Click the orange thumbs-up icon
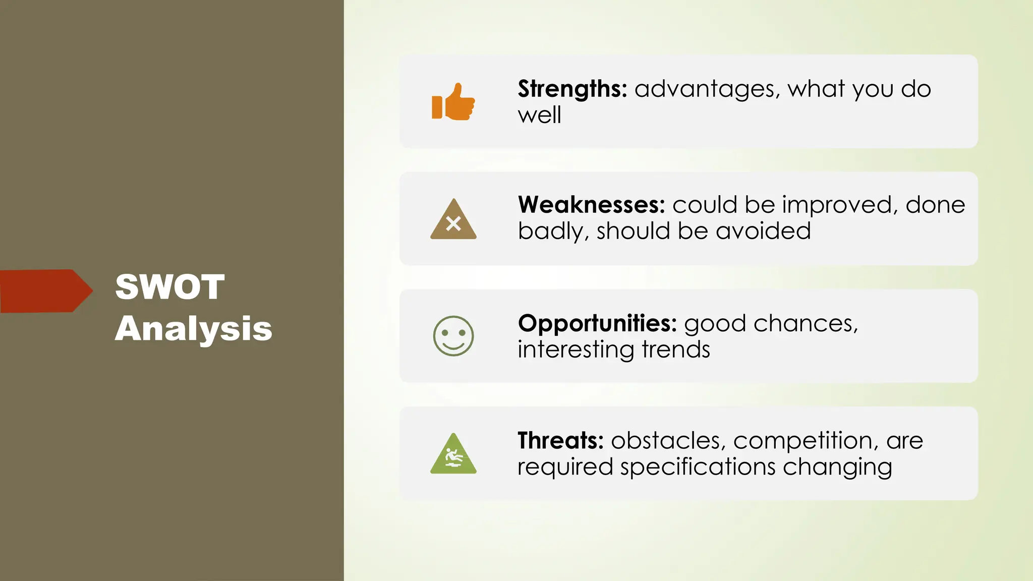pyautogui.click(x=453, y=102)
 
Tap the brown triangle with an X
pyautogui.click(x=453, y=221)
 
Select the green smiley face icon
pyautogui.click(x=453, y=336)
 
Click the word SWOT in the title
pyautogui.click(x=169, y=287)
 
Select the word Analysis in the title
pyautogui.click(x=193, y=328)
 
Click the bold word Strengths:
pyautogui.click(x=572, y=89)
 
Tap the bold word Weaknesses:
pyautogui.click(x=591, y=205)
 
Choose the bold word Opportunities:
pyautogui.click(x=597, y=323)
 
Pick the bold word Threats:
pyautogui.click(x=560, y=441)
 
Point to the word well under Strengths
pyautogui.click(x=539, y=115)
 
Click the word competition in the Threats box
pyautogui.click(x=802, y=441)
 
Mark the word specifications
pyautogui.click(x=698, y=467)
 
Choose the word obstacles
pyautogui.click(x=668, y=441)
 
